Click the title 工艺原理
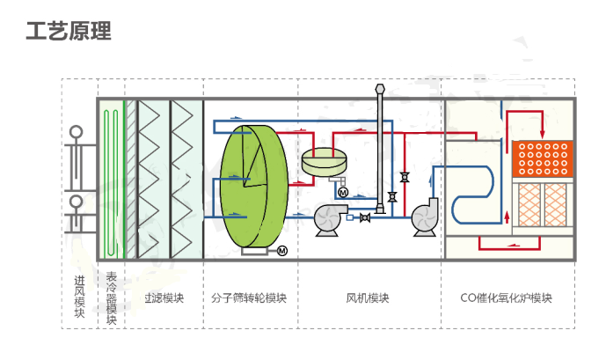pyautogui.click(x=69, y=32)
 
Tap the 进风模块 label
pyautogui.click(x=79, y=298)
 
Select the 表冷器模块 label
pyautogui.click(x=111, y=298)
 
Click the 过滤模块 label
pyautogui.click(x=164, y=298)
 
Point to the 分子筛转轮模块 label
pyautogui.click(x=251, y=298)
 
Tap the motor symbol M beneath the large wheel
pyautogui.click(x=282, y=252)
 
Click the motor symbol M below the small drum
pyautogui.click(x=342, y=191)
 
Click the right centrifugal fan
pyautogui.click(x=427, y=217)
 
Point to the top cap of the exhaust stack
pyautogui.click(x=380, y=88)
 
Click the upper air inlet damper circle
pyautogui.click(x=75, y=134)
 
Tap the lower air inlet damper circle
pyautogui.click(x=75, y=202)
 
